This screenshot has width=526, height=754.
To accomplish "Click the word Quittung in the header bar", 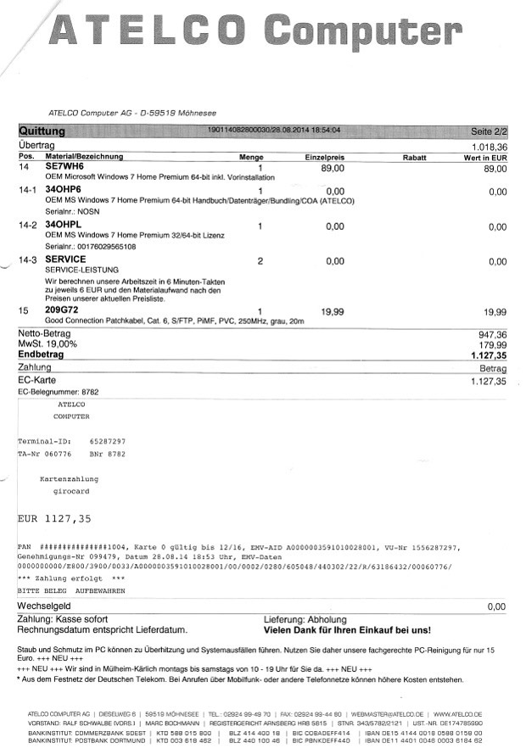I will click(42, 131).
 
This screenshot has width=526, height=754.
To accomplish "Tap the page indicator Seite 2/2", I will click(488, 131).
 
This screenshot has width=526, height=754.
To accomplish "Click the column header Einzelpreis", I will click(324, 157).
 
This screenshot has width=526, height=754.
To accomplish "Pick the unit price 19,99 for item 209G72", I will click(333, 312).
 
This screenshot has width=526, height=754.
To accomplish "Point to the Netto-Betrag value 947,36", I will click(491, 335).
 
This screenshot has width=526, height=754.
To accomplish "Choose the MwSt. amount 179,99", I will click(491, 345).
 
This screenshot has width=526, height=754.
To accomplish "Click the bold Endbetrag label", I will click(42, 355).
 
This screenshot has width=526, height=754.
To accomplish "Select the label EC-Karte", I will click(36, 382).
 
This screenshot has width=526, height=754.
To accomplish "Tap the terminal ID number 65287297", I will click(107, 442).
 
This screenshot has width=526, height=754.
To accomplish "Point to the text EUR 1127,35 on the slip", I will click(54, 517).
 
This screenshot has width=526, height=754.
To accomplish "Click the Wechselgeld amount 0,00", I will click(495, 607).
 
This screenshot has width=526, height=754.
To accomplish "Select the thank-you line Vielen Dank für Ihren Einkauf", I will click(347, 630).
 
